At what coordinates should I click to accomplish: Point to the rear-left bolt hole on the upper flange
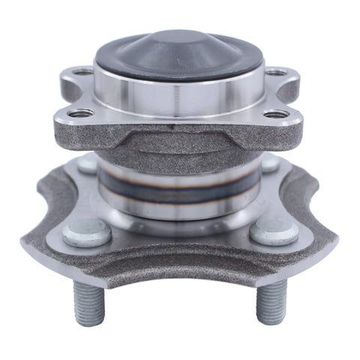click(83, 73)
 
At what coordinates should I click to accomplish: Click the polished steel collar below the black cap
click(179, 94)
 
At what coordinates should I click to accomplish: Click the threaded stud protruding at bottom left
click(88, 304)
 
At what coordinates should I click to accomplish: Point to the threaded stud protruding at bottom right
click(270, 304)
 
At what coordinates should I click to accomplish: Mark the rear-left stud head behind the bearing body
click(88, 164)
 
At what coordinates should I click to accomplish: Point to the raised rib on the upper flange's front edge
click(179, 133)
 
